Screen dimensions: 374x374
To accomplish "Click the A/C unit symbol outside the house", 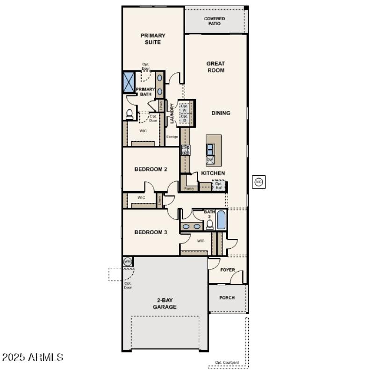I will point(259,182).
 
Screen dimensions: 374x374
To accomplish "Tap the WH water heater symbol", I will point(127,261).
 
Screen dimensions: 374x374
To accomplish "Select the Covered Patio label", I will point(215,21).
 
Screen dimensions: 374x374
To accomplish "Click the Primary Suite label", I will point(153,39).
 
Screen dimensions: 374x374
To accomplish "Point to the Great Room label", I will point(216,67).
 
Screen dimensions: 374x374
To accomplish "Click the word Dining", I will point(221,113).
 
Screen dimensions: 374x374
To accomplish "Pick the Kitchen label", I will point(213,173).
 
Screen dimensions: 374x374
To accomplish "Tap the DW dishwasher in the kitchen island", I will point(210,160).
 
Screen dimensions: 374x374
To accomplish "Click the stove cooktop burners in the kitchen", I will point(186,150).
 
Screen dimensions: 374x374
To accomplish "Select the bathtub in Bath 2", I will point(221,220).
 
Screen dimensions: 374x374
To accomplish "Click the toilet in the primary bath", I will point(129,114).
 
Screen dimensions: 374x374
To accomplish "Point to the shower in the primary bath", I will point(129,81).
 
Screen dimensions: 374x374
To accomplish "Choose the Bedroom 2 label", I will point(151,169).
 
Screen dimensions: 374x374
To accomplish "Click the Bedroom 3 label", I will point(151,232).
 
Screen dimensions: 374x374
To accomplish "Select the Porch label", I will point(227,298).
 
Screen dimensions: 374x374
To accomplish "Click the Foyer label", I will point(228,270).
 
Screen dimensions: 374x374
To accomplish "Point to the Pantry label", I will point(189,189).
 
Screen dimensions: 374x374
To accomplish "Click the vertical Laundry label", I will point(172,114).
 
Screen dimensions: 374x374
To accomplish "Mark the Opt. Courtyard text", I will point(227,362).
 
